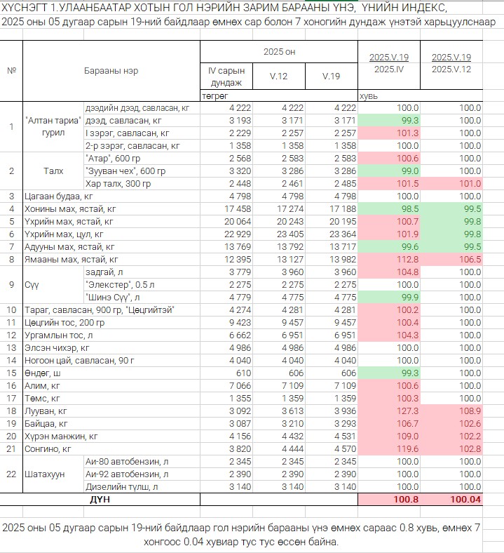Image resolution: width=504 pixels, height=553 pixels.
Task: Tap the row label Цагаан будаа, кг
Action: coord(58,196)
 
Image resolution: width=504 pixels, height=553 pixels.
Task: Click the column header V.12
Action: coord(278,76)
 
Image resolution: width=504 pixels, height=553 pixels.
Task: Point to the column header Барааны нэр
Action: coord(111,71)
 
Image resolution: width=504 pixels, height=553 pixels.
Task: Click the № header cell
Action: coord(12,71)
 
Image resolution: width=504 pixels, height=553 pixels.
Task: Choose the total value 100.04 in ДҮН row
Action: coord(465,500)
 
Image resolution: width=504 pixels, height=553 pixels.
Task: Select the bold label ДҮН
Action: coord(100,500)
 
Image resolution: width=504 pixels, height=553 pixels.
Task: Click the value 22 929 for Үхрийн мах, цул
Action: coord(238,234)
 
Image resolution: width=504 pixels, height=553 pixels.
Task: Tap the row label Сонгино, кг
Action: coord(48,449)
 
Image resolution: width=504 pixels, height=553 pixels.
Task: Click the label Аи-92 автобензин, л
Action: coord(127,474)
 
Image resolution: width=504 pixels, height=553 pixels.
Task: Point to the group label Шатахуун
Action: coord(44,474)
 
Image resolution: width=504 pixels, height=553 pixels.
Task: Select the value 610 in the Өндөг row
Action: coord(243,373)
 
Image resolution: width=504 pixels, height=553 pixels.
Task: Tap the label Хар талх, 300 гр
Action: coord(118,184)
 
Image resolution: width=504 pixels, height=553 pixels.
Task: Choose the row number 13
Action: coord(11,348)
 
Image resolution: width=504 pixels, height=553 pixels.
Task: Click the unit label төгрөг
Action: coord(214,96)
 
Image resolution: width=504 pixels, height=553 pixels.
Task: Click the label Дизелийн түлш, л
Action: coord(121,487)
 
